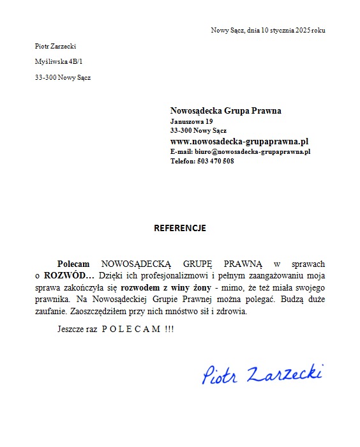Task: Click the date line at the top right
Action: click(x=268, y=31)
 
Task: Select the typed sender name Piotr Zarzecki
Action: click(x=56, y=46)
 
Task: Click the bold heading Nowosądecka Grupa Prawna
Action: click(x=225, y=110)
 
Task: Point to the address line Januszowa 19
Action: click(x=191, y=121)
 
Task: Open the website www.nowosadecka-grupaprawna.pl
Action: click(x=239, y=141)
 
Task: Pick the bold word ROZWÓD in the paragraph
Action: click(x=68, y=276)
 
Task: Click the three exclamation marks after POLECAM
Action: click(x=169, y=329)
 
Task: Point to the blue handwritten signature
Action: click(x=262, y=374)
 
